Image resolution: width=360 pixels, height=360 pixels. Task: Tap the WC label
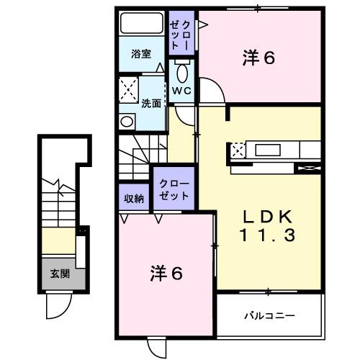pos(181,90)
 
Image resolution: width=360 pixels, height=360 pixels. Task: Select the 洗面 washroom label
pos(151,102)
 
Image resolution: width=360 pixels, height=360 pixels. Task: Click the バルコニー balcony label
pos(269,315)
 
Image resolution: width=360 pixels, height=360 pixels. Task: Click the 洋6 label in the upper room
pos(259,59)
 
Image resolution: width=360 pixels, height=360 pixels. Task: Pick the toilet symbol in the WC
pos(181,72)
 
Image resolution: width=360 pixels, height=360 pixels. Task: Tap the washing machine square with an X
pos(130,92)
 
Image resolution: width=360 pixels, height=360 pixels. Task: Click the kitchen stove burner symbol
pos(238,150)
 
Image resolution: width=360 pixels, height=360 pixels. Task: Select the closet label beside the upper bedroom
pos(180,32)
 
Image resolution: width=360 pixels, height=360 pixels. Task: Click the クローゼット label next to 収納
pos(172,189)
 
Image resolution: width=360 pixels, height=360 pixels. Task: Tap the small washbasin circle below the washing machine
pos(127,121)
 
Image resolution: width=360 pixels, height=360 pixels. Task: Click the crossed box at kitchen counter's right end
pos(308,168)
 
